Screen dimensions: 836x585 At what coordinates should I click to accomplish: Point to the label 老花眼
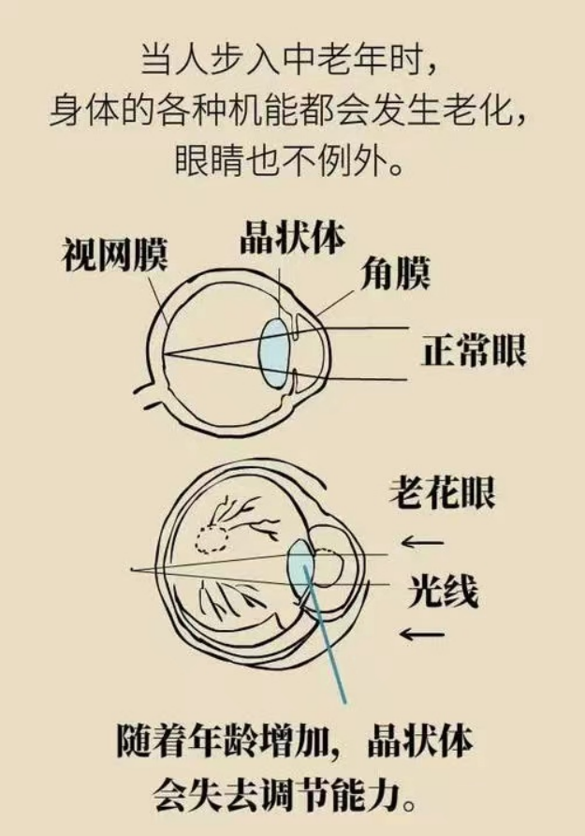(x=441, y=493)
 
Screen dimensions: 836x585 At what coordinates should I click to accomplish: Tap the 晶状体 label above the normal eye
(x=291, y=239)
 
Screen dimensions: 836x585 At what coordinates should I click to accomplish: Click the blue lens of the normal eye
(x=274, y=354)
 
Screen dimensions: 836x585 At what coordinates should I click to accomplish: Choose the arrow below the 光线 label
(x=421, y=636)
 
